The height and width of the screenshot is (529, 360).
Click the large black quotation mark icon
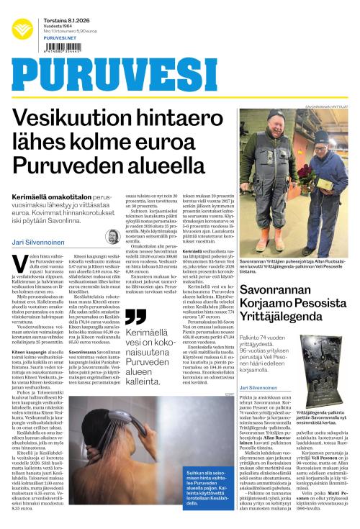[x=135, y=317]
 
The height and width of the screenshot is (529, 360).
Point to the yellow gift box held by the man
[x=323, y=184]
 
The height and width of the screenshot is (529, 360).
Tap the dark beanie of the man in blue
[x=321, y=137]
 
